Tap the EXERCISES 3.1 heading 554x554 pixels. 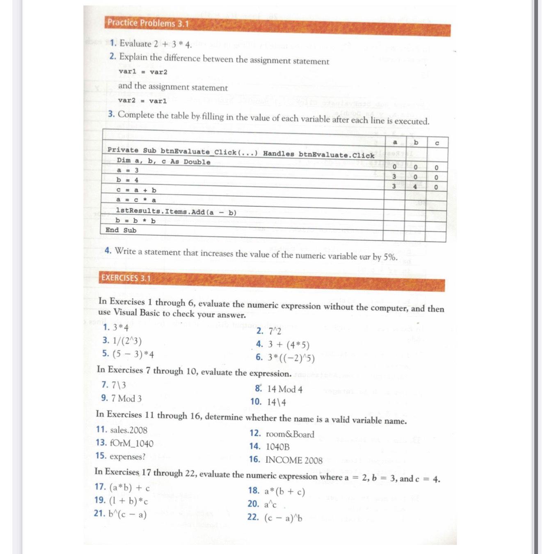click(x=126, y=278)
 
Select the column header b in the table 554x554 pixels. click(x=416, y=142)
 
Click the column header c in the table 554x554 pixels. click(x=437, y=143)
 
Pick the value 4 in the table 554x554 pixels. click(x=415, y=187)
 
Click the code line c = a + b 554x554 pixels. click(x=136, y=190)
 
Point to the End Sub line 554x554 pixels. click(x=121, y=230)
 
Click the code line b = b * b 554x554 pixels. click(x=136, y=221)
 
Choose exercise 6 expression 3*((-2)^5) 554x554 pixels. click(x=291, y=358)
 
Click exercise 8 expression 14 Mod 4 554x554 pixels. click(x=285, y=389)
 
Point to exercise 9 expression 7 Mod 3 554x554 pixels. click(x=126, y=398)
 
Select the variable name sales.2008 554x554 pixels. click(x=128, y=430)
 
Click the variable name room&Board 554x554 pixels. click(x=290, y=434)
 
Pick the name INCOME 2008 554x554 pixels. click(x=294, y=460)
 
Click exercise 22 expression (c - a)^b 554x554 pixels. click(x=283, y=518)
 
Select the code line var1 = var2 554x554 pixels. click(x=143, y=72)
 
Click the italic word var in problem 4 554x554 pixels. click(x=365, y=257)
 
